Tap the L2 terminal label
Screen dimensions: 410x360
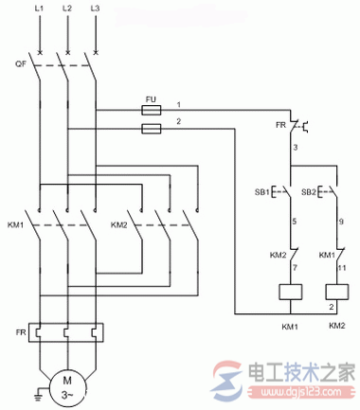67,9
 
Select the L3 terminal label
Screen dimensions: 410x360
96,9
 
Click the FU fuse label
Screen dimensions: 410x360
150,97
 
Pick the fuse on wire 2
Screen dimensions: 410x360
150,125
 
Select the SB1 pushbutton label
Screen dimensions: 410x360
260,192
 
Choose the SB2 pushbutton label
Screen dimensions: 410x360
309,192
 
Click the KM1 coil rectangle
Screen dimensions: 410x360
290,294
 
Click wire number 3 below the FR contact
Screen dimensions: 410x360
296,148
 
